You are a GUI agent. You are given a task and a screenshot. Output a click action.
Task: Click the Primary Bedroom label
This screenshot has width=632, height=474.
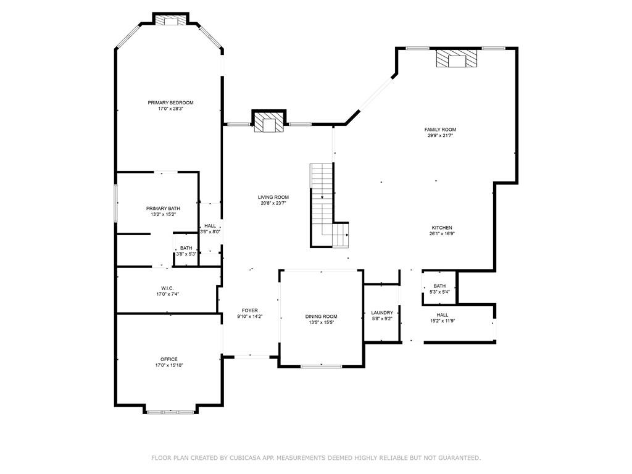point(170,102)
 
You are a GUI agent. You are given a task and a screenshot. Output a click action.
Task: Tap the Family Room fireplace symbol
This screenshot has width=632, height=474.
point(457,59)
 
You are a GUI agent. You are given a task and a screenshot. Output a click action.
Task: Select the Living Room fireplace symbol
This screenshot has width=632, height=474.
point(270,123)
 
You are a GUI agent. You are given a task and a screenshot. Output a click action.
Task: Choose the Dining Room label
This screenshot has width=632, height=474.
point(321,317)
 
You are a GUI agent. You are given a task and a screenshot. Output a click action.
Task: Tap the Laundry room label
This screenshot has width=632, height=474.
point(381,313)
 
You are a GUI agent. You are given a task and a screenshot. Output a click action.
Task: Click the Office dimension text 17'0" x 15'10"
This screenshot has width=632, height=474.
point(169,365)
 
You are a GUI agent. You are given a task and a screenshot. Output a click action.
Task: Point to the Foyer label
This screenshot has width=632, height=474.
point(250,310)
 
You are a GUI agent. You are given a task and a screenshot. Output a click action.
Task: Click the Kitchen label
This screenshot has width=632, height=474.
point(442,228)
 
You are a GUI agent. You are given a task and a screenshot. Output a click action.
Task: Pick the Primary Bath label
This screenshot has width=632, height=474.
point(163,209)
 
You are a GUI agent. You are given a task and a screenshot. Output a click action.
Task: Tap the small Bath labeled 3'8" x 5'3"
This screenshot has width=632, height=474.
point(186,248)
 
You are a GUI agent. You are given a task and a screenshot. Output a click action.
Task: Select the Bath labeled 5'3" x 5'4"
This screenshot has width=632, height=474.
point(439,286)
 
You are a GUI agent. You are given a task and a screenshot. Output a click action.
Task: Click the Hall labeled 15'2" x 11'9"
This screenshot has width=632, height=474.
point(443,315)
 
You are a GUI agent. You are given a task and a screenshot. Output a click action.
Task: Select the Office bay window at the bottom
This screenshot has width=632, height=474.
point(170,411)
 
